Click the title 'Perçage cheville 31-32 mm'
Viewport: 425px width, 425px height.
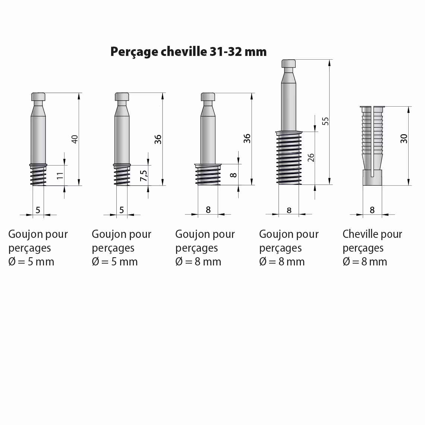coord(188,51)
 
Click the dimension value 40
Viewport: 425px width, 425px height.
coord(75,139)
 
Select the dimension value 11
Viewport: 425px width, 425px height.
coord(60,175)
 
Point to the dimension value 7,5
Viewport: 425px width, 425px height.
coord(144,176)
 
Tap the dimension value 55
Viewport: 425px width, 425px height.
coord(325,121)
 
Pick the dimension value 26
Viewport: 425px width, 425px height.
coord(311,157)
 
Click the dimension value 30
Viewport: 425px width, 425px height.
coord(404,139)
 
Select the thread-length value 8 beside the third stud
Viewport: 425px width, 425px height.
coord(233,175)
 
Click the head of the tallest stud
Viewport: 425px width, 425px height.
coord(289,64)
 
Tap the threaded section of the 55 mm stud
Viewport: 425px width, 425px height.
coord(289,158)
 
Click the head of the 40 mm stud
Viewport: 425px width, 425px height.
coord(38,97)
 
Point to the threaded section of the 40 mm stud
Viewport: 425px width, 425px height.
coord(38,175)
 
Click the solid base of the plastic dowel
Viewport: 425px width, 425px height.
coord(372,178)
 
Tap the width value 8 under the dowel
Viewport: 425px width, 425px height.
coord(372,210)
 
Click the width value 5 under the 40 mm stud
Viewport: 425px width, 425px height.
coord(38,210)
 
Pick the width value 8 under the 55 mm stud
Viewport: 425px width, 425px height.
coord(289,210)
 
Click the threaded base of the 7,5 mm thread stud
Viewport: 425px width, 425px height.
coord(122,175)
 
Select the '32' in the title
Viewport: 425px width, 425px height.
coord(235,51)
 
